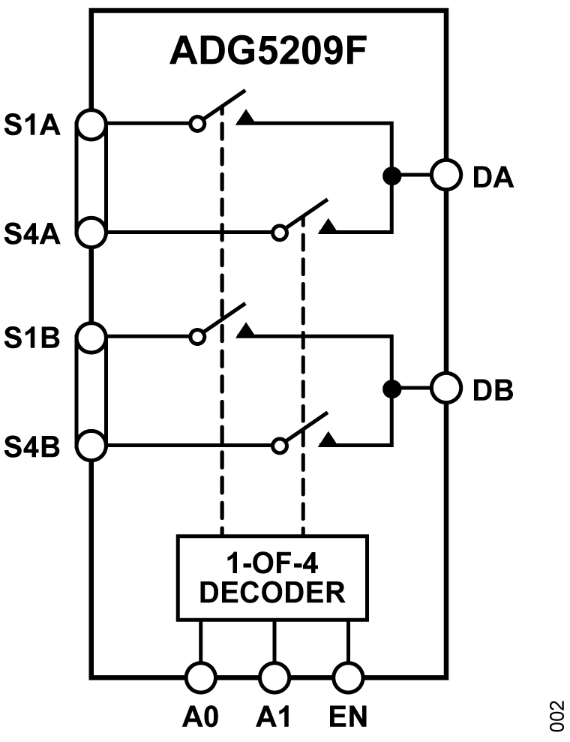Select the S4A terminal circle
click(91, 231)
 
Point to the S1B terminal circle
click(91, 338)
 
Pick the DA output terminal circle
click(445, 176)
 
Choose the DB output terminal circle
click(445, 389)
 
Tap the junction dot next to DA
click(391, 176)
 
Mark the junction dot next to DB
click(391, 389)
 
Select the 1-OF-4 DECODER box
click(273, 578)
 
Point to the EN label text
click(347, 718)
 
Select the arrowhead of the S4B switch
click(328, 440)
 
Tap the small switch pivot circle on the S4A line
click(279, 232)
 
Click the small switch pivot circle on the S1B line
click(197, 338)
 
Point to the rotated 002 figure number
click(556, 716)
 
